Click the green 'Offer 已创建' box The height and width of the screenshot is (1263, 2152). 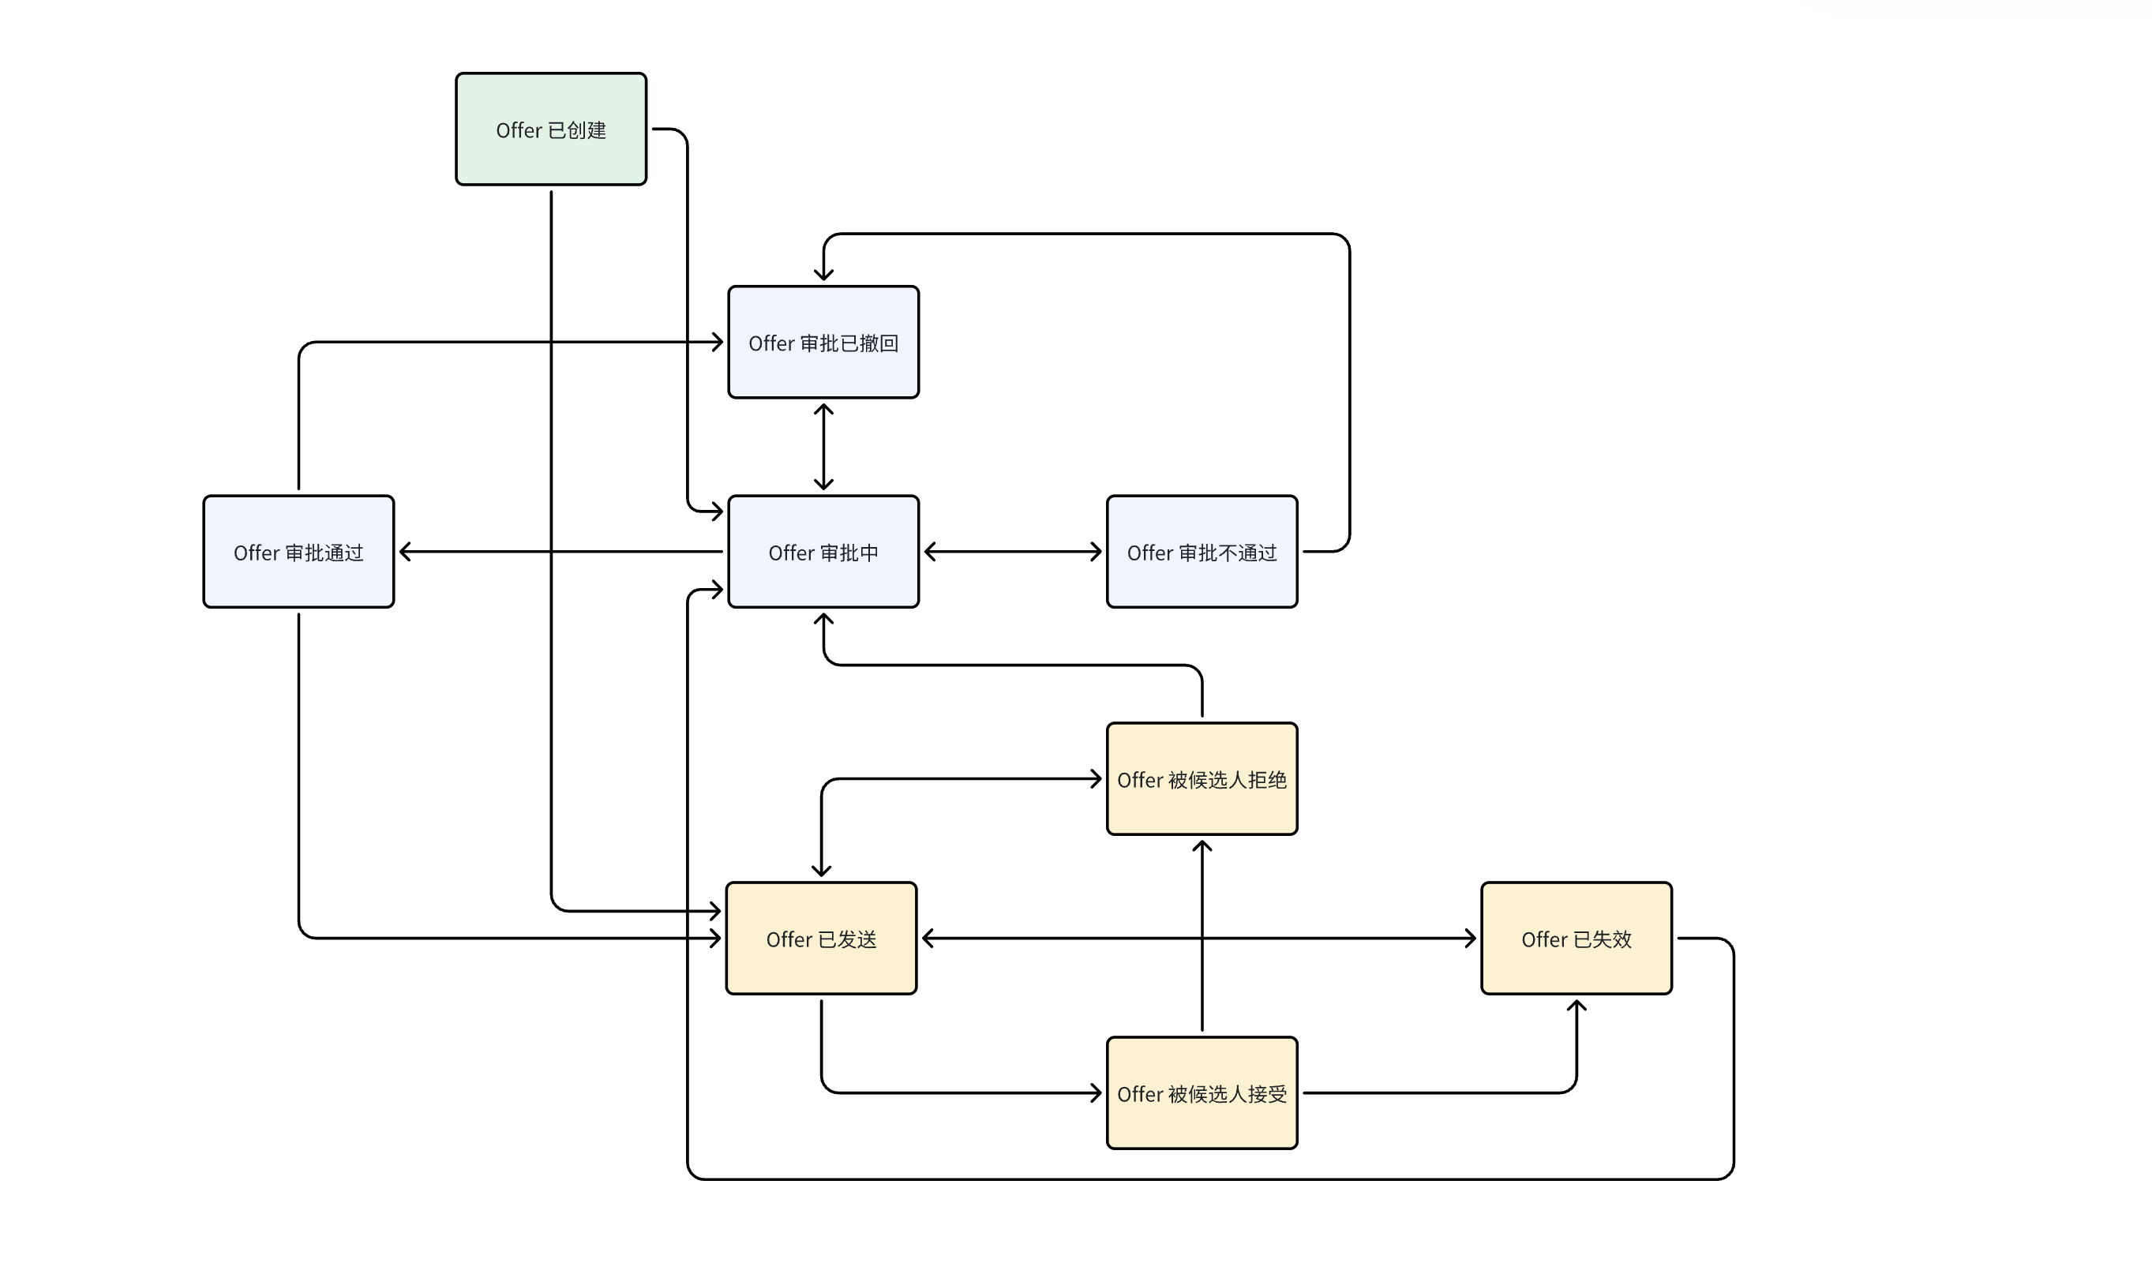click(551, 129)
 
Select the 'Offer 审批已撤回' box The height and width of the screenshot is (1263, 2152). click(823, 342)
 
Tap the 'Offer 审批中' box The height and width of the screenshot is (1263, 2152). click(823, 552)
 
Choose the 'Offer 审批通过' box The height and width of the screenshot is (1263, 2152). click(298, 552)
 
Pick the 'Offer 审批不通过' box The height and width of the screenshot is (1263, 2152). click(1202, 552)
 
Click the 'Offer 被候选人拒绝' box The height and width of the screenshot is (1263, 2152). click(1202, 779)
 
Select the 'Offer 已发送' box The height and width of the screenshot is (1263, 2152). click(821, 939)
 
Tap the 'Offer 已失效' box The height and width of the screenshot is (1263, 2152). click(1577, 939)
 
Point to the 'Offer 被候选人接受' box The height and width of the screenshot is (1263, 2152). click(1202, 1093)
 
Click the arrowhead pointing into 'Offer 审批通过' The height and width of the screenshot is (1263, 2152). click(406, 552)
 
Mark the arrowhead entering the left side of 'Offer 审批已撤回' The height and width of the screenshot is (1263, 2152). click(718, 343)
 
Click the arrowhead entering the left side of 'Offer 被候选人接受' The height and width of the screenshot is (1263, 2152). click(1096, 1093)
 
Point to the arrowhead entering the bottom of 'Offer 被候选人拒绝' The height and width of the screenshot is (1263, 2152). click(1202, 847)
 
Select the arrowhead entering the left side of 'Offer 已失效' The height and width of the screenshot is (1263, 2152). click(1470, 939)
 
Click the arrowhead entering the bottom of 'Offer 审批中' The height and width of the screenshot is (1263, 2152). click(823, 620)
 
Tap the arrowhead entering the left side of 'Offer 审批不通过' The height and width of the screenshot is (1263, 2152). click(1096, 552)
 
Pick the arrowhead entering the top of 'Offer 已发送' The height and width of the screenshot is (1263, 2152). click(821, 870)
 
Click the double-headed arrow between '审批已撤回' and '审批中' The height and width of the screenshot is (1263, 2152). click(823, 447)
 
